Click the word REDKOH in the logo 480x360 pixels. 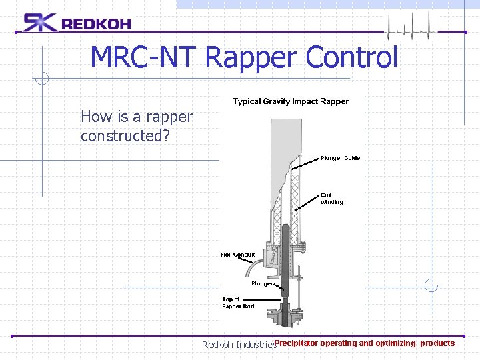96,24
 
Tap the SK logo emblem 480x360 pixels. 40,23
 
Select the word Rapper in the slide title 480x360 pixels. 251,57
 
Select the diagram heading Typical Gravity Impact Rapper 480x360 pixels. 290,101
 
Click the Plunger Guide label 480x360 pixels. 340,158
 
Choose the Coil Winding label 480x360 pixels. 332,198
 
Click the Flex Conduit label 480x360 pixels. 238,255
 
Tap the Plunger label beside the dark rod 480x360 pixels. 262,283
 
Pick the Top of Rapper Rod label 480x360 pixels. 238,303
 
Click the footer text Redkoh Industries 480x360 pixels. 238,345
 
